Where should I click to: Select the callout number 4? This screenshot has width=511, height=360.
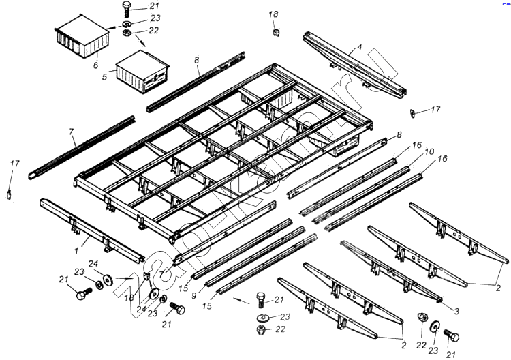click(359, 48)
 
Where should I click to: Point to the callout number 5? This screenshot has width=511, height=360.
click(104, 78)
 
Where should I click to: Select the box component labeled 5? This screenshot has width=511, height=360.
click(141, 71)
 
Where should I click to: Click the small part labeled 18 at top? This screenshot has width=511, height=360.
click(275, 31)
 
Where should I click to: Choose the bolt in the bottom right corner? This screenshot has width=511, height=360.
click(449, 335)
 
